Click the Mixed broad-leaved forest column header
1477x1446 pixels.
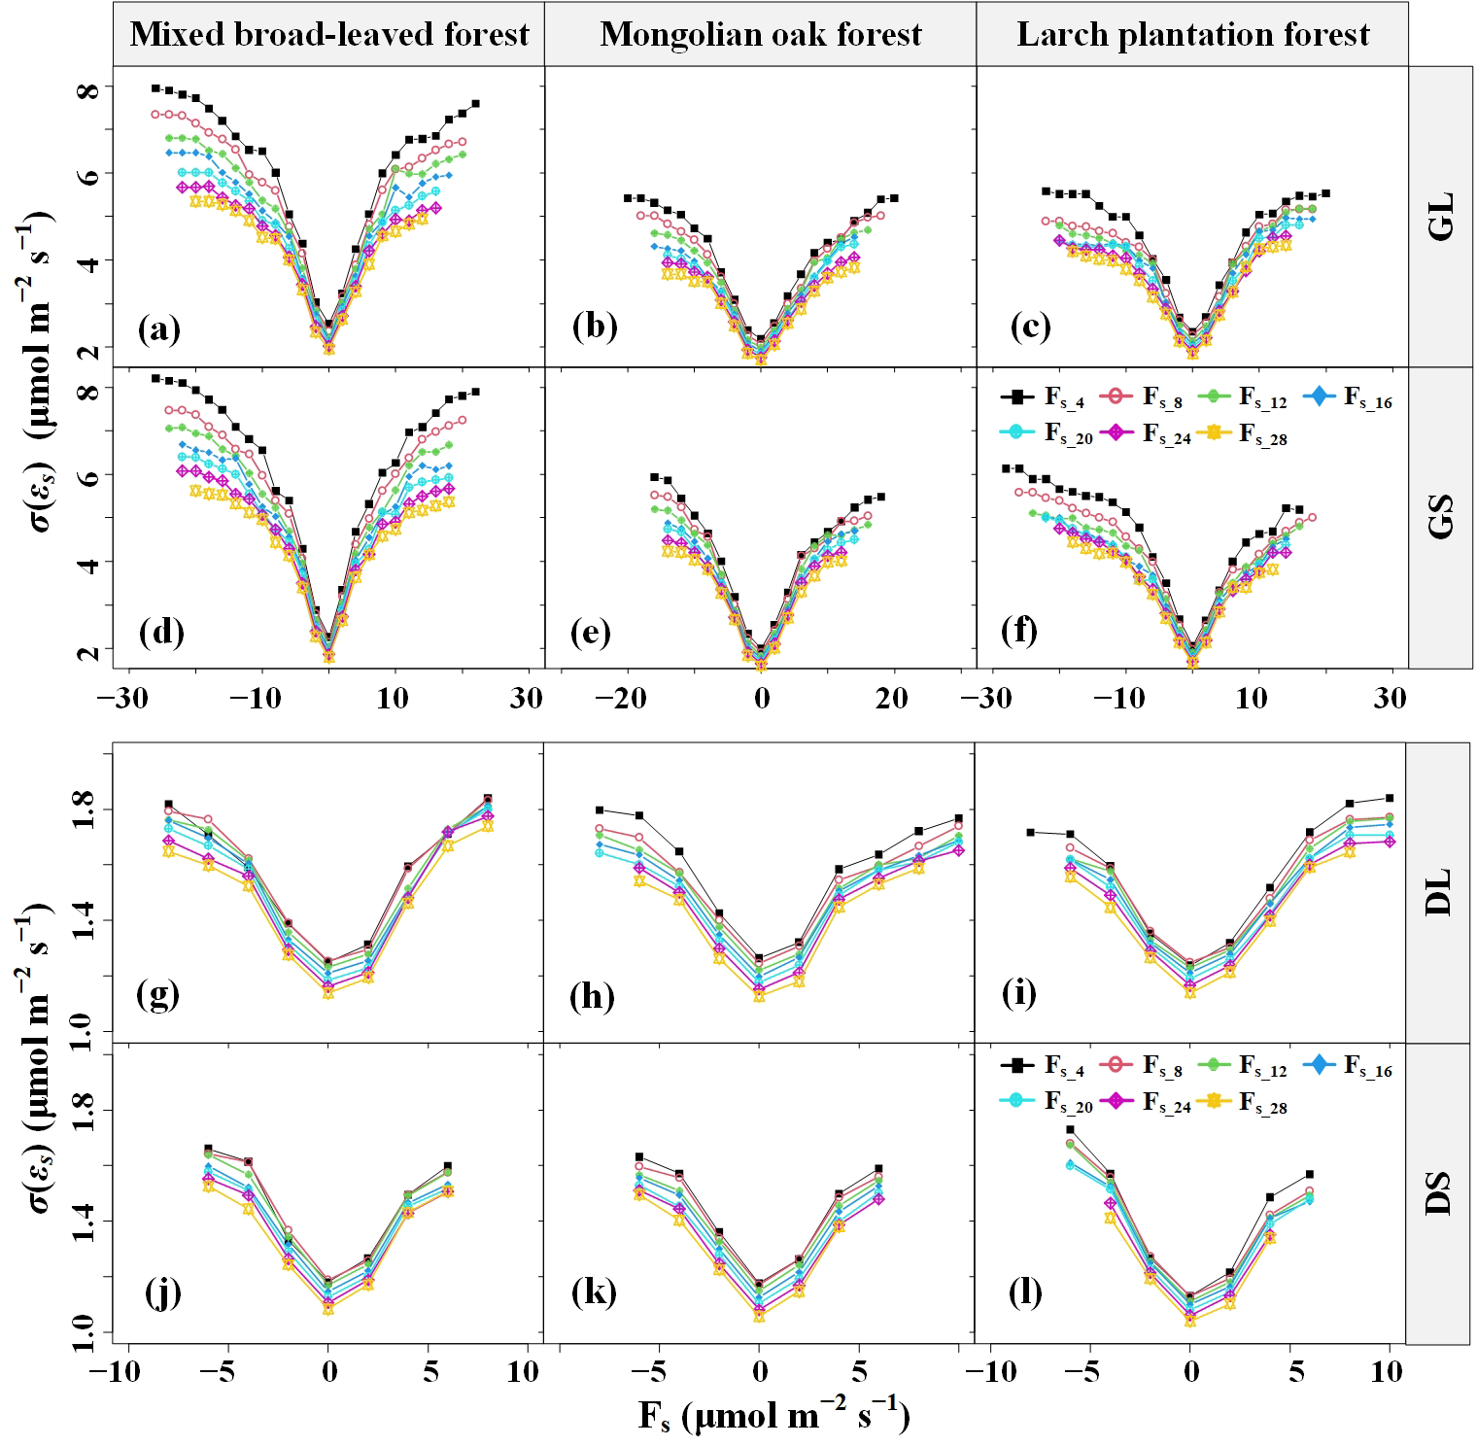click(329, 35)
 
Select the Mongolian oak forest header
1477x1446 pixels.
click(761, 35)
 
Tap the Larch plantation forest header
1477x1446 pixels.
click(1192, 35)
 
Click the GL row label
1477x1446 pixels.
click(1442, 217)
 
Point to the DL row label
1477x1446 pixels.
click(1442, 892)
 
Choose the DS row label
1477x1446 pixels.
click(1442, 1193)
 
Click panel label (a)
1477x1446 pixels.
click(160, 330)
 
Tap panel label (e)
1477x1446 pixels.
click(593, 633)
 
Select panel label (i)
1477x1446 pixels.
click(1019, 994)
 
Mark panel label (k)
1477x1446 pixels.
click(592, 1294)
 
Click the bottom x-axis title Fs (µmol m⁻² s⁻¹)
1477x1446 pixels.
click(773, 1418)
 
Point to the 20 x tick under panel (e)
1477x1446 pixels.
click(893, 699)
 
